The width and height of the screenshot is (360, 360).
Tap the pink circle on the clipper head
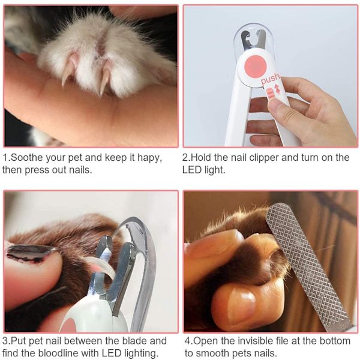[255, 67]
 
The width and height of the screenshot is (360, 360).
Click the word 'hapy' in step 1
[149, 158]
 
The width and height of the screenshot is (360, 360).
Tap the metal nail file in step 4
[308, 266]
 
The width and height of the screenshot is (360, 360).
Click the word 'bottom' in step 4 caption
[335, 341]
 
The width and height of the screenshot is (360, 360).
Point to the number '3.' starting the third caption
[6, 341]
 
